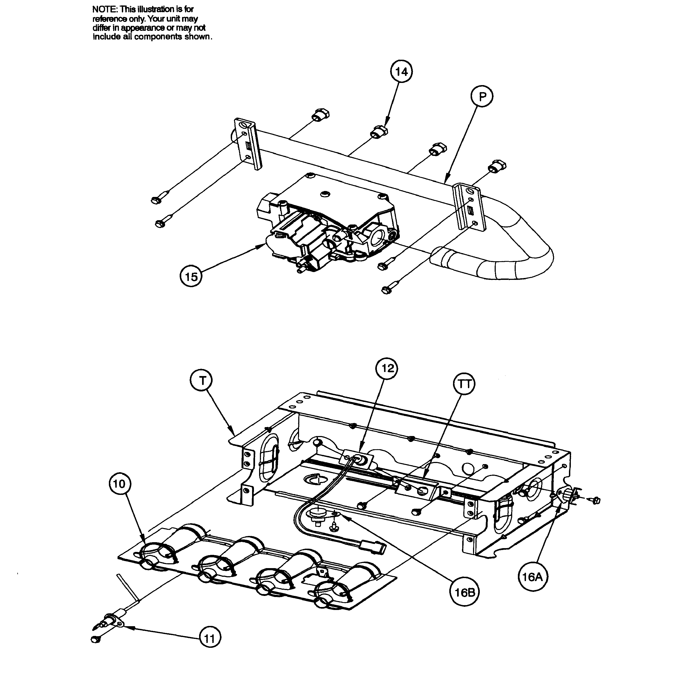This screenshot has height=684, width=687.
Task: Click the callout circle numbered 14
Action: [401, 72]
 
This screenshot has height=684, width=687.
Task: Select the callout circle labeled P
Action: [482, 97]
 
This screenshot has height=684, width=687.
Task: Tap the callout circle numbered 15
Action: [191, 276]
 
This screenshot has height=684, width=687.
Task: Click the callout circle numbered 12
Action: [387, 368]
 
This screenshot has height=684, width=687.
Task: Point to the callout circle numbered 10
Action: [119, 484]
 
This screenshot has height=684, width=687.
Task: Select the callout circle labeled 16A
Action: [532, 577]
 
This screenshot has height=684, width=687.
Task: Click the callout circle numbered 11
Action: [210, 639]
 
